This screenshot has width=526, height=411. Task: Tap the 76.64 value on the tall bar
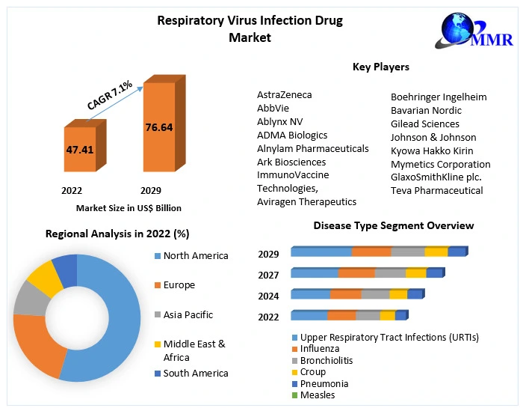[158, 127]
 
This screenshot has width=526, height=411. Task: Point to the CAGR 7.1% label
[110, 96]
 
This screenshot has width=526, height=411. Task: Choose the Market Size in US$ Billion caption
[129, 208]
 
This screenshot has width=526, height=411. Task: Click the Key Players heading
[380, 67]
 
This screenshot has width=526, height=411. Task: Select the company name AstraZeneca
[285, 95]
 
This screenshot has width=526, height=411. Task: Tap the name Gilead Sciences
[425, 124]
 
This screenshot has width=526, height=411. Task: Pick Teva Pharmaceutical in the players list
[437, 190]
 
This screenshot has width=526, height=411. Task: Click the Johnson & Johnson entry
[433, 137]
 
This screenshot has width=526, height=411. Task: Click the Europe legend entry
[179, 285]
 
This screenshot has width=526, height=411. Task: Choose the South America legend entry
[196, 373]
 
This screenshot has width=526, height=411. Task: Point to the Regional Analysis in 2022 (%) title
[117, 234]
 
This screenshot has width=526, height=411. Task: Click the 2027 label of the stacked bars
[268, 275]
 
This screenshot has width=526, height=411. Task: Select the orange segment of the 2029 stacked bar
[371, 252]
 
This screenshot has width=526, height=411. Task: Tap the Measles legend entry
[318, 395]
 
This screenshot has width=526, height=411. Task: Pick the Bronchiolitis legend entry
[327, 360]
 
